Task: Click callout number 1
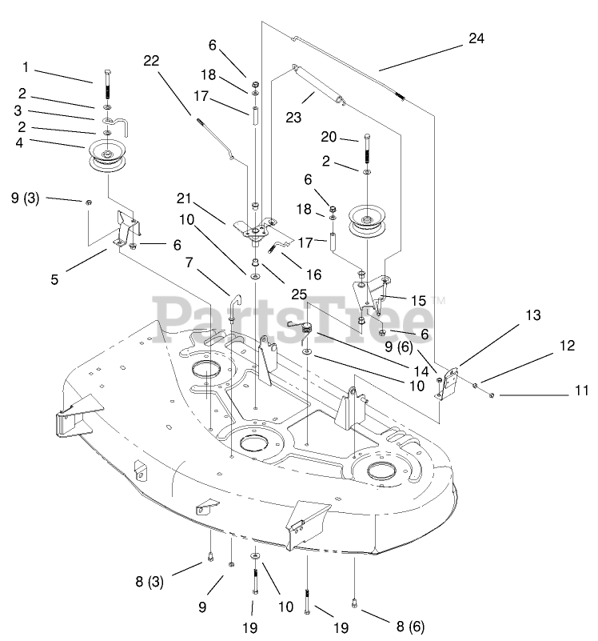[25, 66]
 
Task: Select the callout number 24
[476, 38]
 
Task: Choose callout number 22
[152, 61]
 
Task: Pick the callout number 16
[313, 274]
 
